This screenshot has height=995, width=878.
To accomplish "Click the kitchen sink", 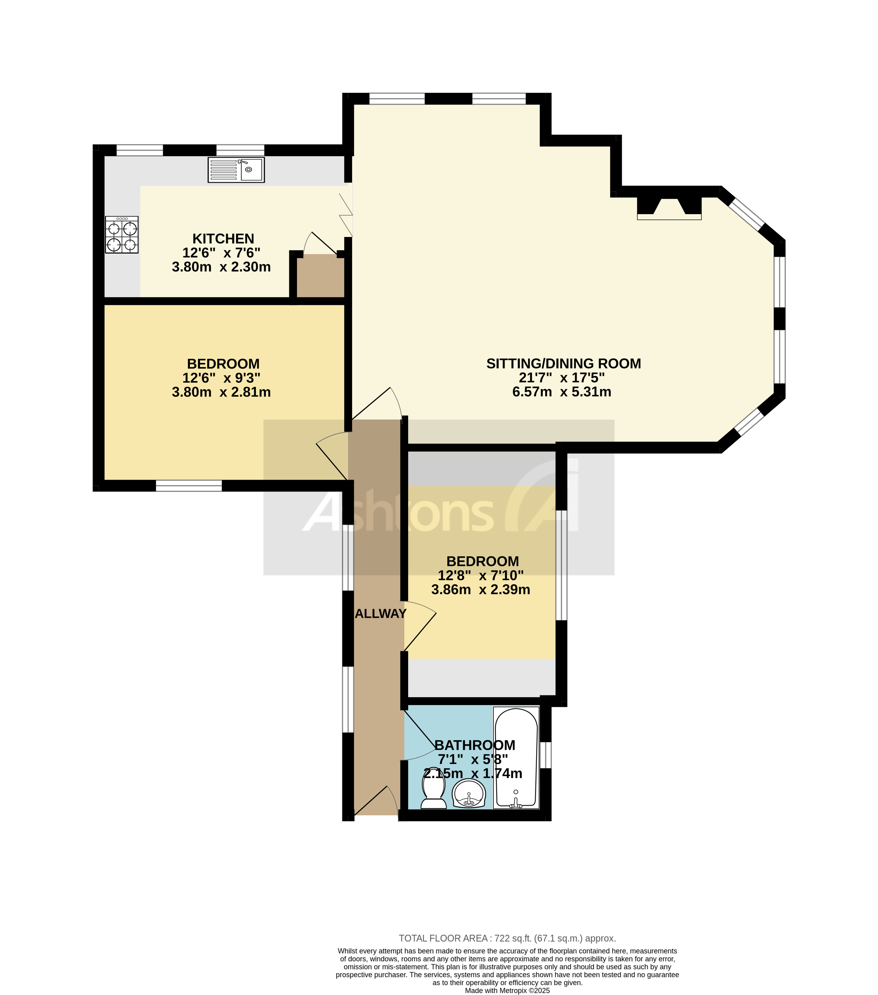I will coord(236,170).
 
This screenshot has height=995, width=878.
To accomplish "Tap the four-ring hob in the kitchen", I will coord(122,235).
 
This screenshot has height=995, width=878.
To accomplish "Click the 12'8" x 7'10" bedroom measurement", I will coord(480,575).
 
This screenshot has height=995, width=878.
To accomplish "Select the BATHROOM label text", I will coord(475,745).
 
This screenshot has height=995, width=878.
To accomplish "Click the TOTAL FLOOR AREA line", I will coord(507,939).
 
